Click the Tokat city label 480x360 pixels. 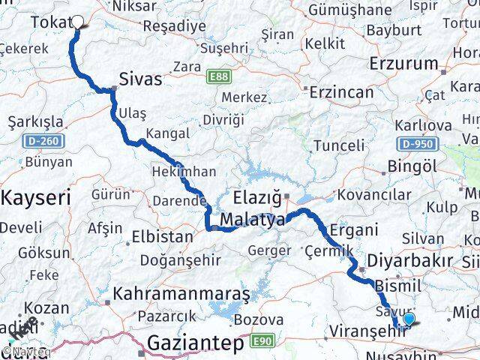pos(49,23)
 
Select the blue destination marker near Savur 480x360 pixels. pos(409,319)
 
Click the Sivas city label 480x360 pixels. pos(140,79)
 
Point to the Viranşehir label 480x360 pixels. pos(366,329)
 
